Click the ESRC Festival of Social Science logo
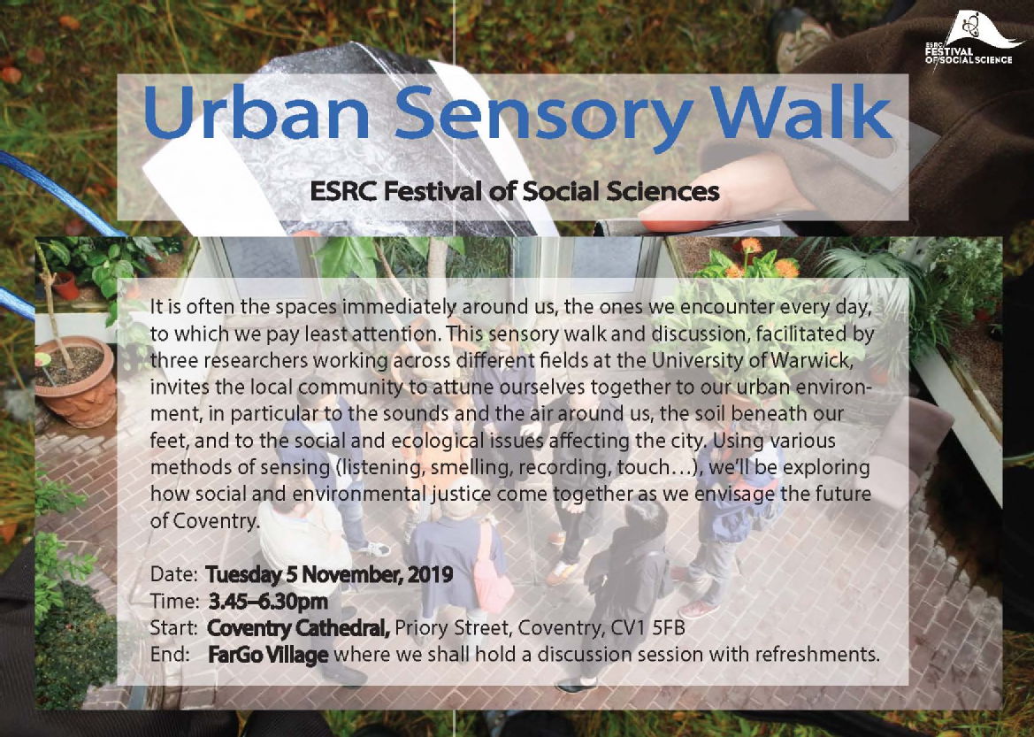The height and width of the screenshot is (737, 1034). [x=974, y=39]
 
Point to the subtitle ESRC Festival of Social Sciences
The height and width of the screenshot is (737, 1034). [x=515, y=191]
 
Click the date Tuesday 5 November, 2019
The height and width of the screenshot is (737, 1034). [x=329, y=574]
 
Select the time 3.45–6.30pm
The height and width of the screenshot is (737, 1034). [x=268, y=601]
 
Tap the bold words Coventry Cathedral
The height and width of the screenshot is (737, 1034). [x=298, y=628]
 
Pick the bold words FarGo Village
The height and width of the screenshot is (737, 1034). [x=268, y=655]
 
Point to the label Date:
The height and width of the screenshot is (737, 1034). [x=174, y=574]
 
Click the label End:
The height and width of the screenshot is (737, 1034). [x=170, y=655]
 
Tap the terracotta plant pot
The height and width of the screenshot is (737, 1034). [x=76, y=380]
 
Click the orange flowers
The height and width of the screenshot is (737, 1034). [x=765, y=262]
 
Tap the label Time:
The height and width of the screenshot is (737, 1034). [x=174, y=601]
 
